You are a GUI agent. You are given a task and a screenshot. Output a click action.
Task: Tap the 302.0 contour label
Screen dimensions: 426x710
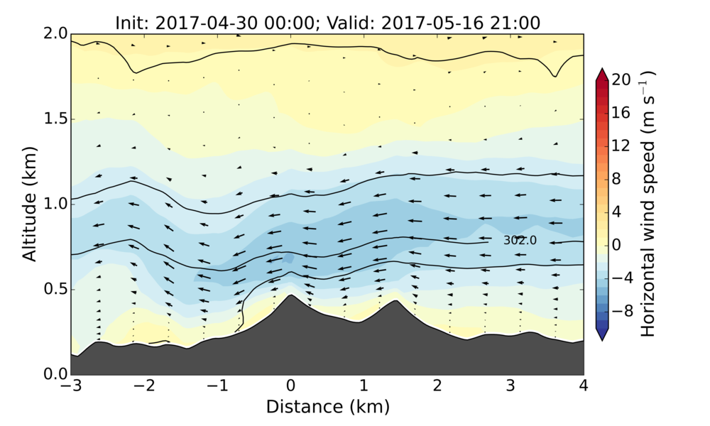coord(520,241)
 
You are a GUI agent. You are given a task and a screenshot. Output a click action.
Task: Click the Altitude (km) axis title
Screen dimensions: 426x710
coord(29,203)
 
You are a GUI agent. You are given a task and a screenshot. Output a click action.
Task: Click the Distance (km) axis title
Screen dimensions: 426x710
coord(327,407)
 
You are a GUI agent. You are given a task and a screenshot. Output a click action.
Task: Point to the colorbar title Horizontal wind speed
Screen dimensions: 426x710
coord(648,204)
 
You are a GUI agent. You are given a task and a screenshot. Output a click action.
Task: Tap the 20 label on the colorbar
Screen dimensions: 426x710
coord(622,80)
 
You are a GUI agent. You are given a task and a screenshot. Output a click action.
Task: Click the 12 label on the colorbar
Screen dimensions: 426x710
coord(622,146)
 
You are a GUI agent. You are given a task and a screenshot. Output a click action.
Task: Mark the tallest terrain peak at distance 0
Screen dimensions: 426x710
coord(290,296)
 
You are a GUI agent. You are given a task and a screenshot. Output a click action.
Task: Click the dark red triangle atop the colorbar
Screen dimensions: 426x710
coord(602,74)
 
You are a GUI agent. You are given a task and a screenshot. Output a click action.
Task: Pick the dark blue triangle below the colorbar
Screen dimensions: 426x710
coord(602,335)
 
